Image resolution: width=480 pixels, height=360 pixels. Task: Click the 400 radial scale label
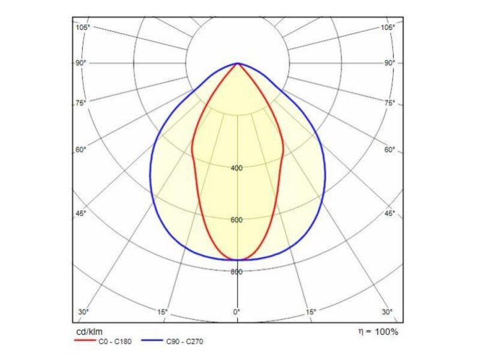[237, 168]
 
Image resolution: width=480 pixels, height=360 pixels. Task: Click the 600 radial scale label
[237, 220]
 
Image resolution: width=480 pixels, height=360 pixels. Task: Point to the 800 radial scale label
[237, 272]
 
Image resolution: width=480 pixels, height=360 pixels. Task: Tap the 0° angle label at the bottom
[237, 312]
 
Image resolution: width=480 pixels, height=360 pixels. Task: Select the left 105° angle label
[82, 28]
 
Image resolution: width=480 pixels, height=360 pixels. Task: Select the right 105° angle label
[388, 28]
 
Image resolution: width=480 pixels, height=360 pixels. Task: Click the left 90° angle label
[80, 63]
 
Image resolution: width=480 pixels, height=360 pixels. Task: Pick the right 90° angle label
[390, 63]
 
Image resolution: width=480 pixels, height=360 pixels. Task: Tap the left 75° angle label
[80, 103]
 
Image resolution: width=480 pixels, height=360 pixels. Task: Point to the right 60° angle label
[390, 150]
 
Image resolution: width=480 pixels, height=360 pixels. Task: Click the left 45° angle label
[80, 214]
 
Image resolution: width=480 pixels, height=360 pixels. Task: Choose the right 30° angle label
[388, 312]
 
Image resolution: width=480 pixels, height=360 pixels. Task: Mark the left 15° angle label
[162, 312]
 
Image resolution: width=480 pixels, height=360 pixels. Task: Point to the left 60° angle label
[80, 150]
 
